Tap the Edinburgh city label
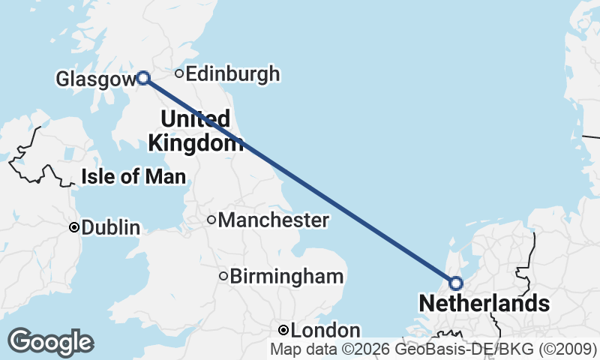[x=232, y=74]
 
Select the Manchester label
[x=273, y=220]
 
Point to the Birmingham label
[x=286, y=277]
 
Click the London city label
[x=325, y=331]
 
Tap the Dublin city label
[x=111, y=228]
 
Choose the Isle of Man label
[x=133, y=178]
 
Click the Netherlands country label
[x=484, y=304]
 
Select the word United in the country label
[x=195, y=118]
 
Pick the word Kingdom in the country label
[x=195, y=142]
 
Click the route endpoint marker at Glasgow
[x=142, y=77]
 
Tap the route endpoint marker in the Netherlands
[x=455, y=283]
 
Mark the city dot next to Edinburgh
[x=179, y=73]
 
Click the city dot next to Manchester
[x=211, y=220]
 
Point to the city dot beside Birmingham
[x=223, y=277]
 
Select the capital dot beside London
[x=283, y=331]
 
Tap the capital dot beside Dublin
[x=74, y=227]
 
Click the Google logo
[x=50, y=342]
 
